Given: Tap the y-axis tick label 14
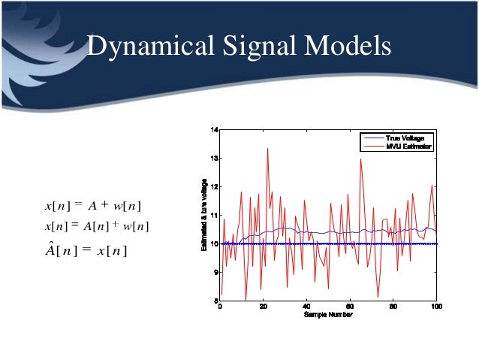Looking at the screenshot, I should (214, 131).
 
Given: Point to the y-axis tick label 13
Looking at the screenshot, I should (214, 159).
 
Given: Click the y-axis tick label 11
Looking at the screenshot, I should (214, 216).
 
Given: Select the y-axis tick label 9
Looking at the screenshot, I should (215, 273).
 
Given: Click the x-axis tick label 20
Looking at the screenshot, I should (263, 307).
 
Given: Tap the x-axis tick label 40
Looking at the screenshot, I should (306, 307).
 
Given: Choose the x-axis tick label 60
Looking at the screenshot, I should (350, 307).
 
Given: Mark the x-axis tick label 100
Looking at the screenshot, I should (436, 307).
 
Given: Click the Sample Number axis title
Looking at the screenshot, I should (328, 314).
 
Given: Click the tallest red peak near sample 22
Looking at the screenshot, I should (267, 149).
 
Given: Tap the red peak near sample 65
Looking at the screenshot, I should (361, 159).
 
